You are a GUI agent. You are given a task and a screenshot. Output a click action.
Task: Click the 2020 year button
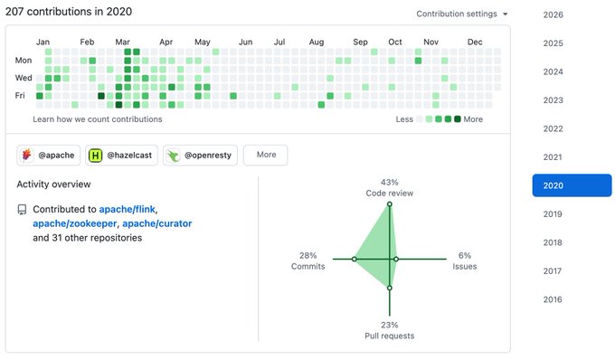tap(572, 185)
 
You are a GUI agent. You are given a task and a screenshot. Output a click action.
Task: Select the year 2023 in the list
tap(553, 100)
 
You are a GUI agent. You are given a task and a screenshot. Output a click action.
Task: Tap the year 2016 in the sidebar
tap(553, 299)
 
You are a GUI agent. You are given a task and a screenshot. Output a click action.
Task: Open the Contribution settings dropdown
tap(462, 14)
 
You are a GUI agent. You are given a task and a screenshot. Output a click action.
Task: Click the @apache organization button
tap(49, 156)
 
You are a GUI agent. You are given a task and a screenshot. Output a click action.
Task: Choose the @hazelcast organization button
tap(121, 156)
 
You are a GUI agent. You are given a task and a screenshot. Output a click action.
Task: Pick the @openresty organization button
tap(200, 156)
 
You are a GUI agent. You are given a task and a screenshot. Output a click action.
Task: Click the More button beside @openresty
tap(266, 155)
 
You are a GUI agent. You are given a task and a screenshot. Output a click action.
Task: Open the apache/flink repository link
tap(128, 210)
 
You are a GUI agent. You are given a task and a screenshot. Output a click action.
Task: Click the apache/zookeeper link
tap(75, 223)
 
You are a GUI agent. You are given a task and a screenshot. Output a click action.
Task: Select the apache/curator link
tap(157, 223)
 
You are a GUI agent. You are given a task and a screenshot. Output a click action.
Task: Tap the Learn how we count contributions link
tap(98, 119)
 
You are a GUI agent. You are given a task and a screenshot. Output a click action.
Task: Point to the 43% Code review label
tap(390, 187)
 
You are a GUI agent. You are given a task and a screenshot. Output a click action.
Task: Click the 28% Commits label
tap(307, 261)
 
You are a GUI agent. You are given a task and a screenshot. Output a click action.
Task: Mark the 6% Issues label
tap(465, 261)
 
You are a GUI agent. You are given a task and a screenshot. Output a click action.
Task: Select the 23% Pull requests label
tap(390, 330)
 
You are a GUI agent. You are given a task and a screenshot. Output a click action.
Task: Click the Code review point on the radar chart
tap(390, 204)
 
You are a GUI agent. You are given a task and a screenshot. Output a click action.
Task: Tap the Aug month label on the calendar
tap(317, 42)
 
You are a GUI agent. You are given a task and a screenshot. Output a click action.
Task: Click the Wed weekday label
tap(24, 78)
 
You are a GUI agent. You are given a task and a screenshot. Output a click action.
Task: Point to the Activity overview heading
tap(53, 185)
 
